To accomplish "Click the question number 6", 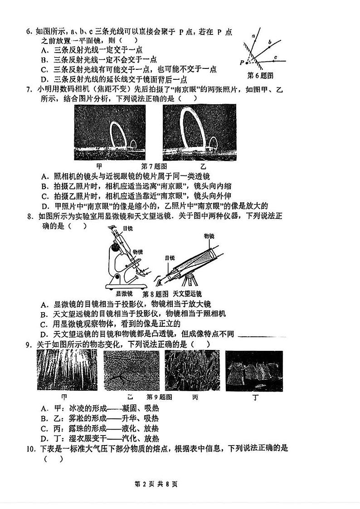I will pyautogui.click(x=29, y=32).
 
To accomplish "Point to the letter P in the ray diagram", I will pyautogui.click(x=243, y=62).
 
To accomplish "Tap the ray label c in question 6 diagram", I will pyautogui.click(x=276, y=58).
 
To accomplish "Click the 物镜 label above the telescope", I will pyautogui.click(x=209, y=236).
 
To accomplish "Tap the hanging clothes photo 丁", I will pyautogui.click(x=254, y=371).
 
